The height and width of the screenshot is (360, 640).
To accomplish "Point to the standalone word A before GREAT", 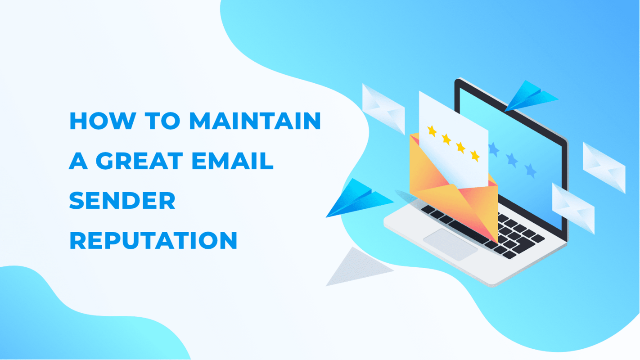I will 78,161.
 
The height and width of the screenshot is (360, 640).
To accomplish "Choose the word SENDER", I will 122,201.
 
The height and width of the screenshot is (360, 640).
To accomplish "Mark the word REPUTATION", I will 153,241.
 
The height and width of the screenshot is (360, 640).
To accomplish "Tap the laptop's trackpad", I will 450,243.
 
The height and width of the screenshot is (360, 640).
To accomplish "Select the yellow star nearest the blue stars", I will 475,156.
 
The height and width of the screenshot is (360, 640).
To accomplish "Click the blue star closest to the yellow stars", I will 493,149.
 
